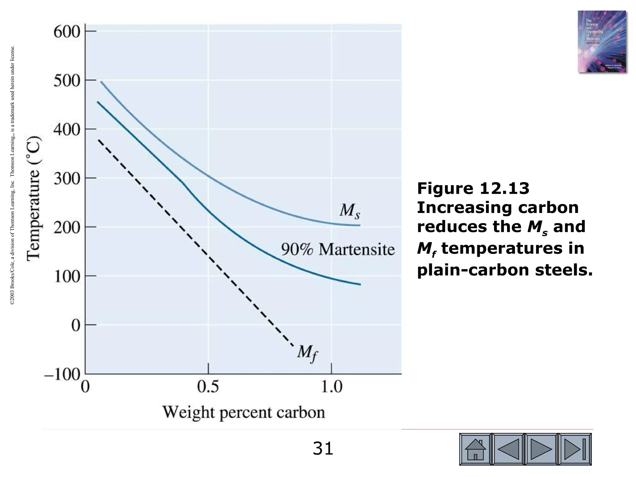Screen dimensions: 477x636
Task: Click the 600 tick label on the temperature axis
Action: point(67,32)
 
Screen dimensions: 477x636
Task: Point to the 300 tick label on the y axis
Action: point(67,179)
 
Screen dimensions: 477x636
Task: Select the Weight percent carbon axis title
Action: point(244,412)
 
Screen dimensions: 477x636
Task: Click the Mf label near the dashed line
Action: point(307,353)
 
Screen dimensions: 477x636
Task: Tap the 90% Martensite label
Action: point(338,249)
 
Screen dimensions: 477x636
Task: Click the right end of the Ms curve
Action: point(360,225)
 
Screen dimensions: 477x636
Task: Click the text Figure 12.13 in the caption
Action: point(473,189)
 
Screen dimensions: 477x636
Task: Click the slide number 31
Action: point(323,449)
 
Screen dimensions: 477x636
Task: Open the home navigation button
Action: point(475,449)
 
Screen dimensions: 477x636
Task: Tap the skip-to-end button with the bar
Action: point(575,449)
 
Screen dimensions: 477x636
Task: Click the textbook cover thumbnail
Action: point(602,42)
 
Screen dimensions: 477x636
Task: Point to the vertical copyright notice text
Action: point(12,175)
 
